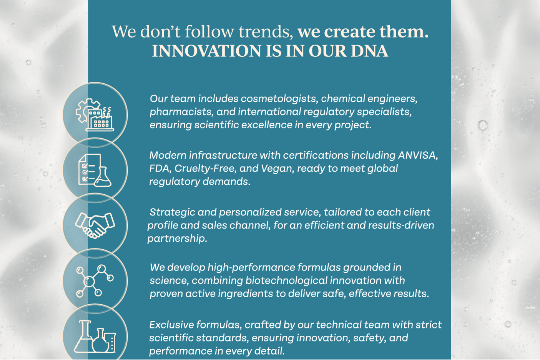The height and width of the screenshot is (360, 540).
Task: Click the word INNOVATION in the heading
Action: click(x=207, y=51)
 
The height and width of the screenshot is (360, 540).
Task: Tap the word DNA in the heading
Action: click(x=369, y=51)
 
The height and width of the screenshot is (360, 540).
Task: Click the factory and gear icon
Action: click(x=95, y=115)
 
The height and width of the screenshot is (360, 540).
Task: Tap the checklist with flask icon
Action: click(x=95, y=170)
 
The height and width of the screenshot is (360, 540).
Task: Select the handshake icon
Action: click(x=95, y=225)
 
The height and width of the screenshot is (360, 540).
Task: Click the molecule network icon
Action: click(x=95, y=281)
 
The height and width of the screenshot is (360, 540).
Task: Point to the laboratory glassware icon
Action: click(x=95, y=336)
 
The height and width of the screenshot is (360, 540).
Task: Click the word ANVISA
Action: click(x=418, y=155)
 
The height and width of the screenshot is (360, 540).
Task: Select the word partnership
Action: click(x=177, y=239)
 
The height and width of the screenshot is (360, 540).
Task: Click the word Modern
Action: click(x=168, y=155)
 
